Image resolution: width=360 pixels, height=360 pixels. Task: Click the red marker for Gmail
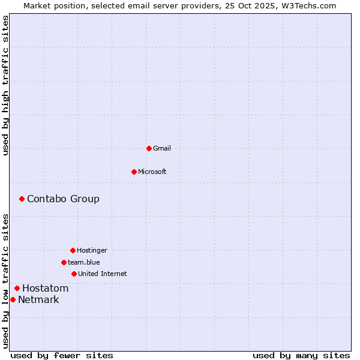pyautogui.click(x=149, y=148)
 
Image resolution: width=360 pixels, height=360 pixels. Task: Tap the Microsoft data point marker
pyautogui.click(x=134, y=172)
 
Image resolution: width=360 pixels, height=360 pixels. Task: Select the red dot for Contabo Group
pyautogui.click(x=22, y=199)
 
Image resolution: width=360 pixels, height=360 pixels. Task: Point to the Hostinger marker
pyautogui.click(x=73, y=250)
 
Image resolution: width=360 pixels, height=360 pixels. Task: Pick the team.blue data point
pyautogui.click(x=64, y=262)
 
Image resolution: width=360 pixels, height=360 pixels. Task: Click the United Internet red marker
pyautogui.click(x=74, y=274)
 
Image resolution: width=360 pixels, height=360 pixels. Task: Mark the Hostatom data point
pyautogui.click(x=17, y=288)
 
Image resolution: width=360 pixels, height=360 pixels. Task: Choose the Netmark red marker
pyautogui.click(x=13, y=299)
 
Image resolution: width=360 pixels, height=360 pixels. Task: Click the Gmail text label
pyautogui.click(x=162, y=148)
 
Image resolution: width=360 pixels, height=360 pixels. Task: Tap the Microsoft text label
pyautogui.click(x=152, y=172)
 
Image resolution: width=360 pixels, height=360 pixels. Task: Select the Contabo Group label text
pyautogui.click(x=63, y=199)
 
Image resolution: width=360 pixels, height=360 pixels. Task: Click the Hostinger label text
pyautogui.click(x=92, y=250)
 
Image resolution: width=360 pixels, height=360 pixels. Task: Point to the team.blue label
pyautogui.click(x=84, y=262)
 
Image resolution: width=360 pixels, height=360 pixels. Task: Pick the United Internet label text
pyautogui.click(x=103, y=274)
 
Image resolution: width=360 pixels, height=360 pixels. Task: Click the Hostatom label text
pyautogui.click(x=46, y=288)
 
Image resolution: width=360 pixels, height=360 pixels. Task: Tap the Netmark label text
pyautogui.click(x=38, y=299)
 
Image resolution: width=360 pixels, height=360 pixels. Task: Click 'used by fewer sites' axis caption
pyautogui.click(x=62, y=355)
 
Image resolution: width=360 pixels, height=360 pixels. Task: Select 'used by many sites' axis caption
pyautogui.click(x=301, y=355)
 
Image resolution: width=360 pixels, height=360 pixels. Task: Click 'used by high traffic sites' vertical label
pyautogui.click(x=5, y=86)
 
